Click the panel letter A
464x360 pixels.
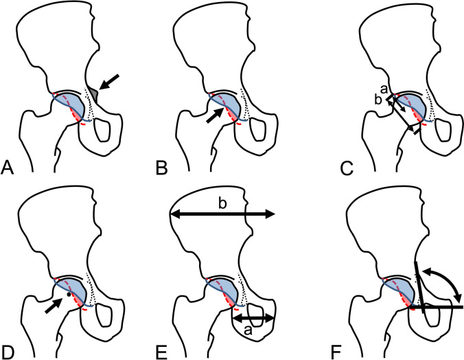(8, 166)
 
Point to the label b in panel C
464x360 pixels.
(379, 100)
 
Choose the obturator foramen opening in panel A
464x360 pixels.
(104, 128)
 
